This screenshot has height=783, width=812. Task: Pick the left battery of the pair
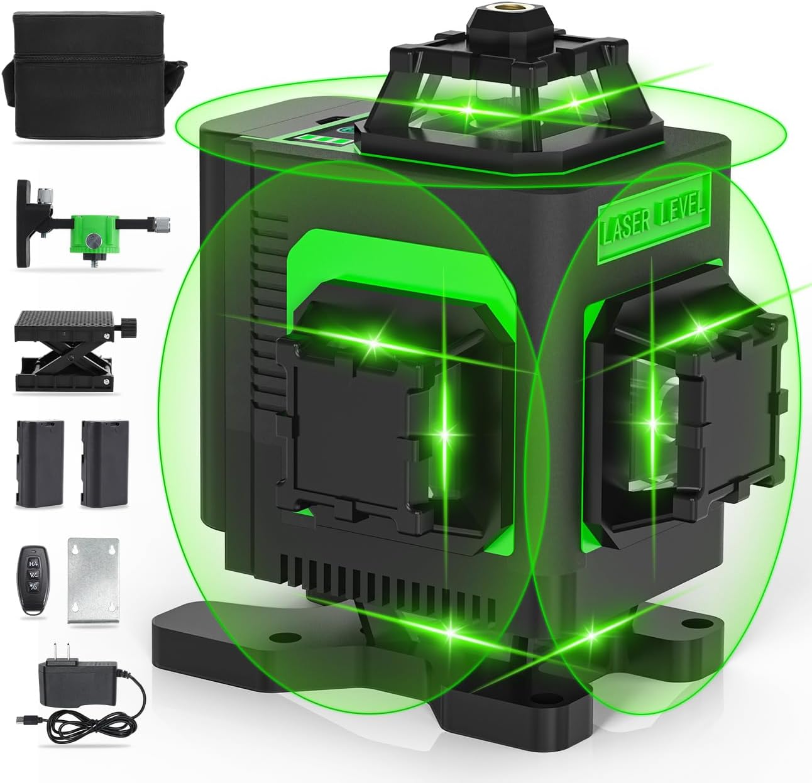(38, 463)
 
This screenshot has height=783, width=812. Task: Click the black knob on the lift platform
(130, 324)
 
